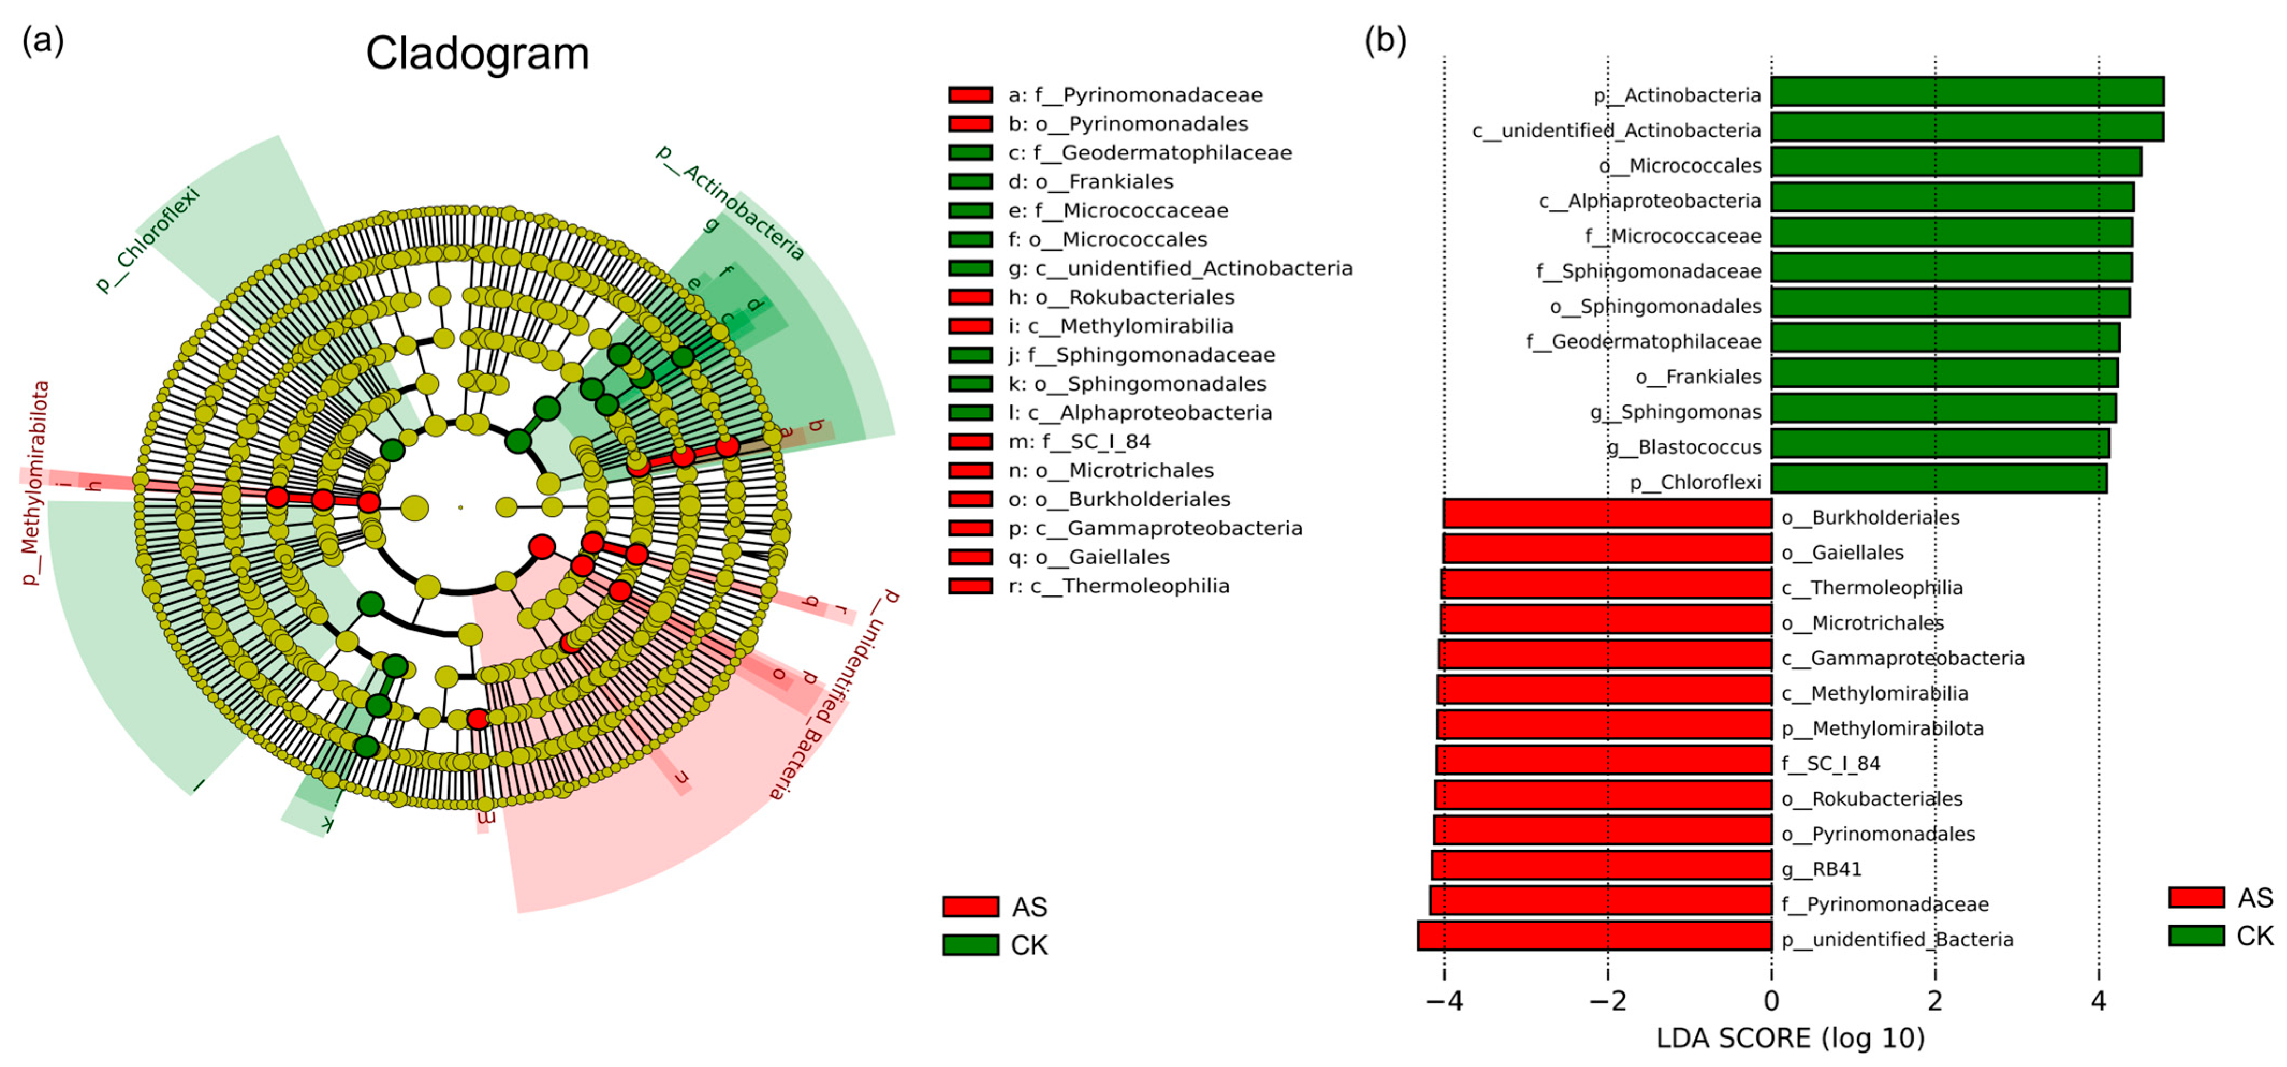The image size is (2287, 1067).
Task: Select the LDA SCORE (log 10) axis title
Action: coord(1790,1037)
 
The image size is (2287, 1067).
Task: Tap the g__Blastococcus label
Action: coord(1684,446)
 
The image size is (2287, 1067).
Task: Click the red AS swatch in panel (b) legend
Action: coord(2196,897)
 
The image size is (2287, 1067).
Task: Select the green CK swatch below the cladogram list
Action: coord(970,945)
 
